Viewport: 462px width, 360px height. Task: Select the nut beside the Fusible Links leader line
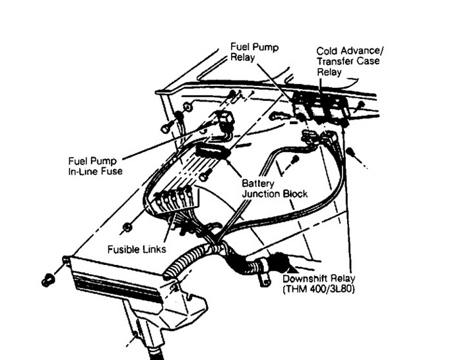127,227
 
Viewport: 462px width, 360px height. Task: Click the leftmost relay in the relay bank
302,106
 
